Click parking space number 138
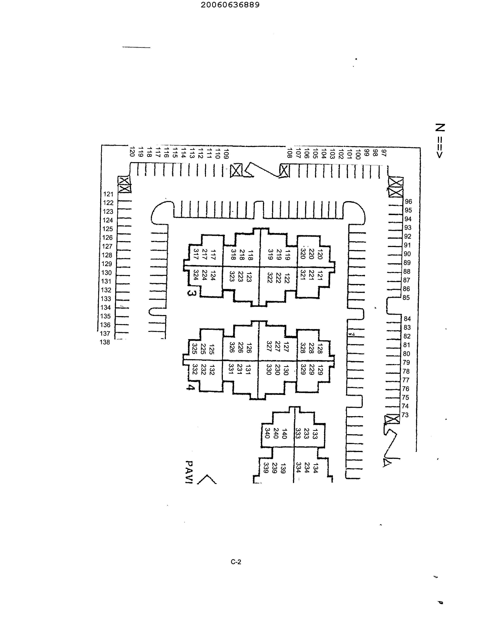pos(105,342)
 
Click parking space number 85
pos(406,298)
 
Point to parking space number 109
pos(226,154)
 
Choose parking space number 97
pos(384,153)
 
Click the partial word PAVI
pos(189,472)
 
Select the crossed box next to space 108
pos(284,171)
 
